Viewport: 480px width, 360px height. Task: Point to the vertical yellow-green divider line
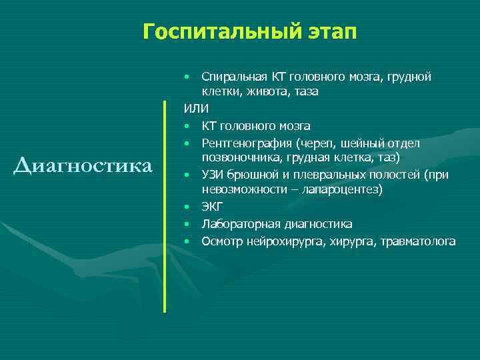165,207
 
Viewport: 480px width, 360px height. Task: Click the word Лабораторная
237,224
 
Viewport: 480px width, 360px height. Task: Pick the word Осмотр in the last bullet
221,241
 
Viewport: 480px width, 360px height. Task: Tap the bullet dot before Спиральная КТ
189,77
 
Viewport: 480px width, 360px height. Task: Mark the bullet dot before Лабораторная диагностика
189,225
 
